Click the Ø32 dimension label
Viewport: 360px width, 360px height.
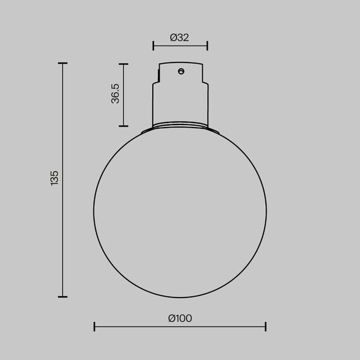coord(180,37)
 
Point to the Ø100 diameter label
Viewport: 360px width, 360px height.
coord(180,318)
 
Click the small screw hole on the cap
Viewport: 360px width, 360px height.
coord(181,71)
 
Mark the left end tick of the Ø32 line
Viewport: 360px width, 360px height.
coord(153,45)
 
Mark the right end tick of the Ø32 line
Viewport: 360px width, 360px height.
coord(208,45)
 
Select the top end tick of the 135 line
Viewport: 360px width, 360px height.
coord(63,64)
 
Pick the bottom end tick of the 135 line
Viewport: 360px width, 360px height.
coord(63,296)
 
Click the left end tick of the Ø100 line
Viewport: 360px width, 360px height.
coord(95,327)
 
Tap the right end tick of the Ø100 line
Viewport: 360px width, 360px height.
coord(266,327)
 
